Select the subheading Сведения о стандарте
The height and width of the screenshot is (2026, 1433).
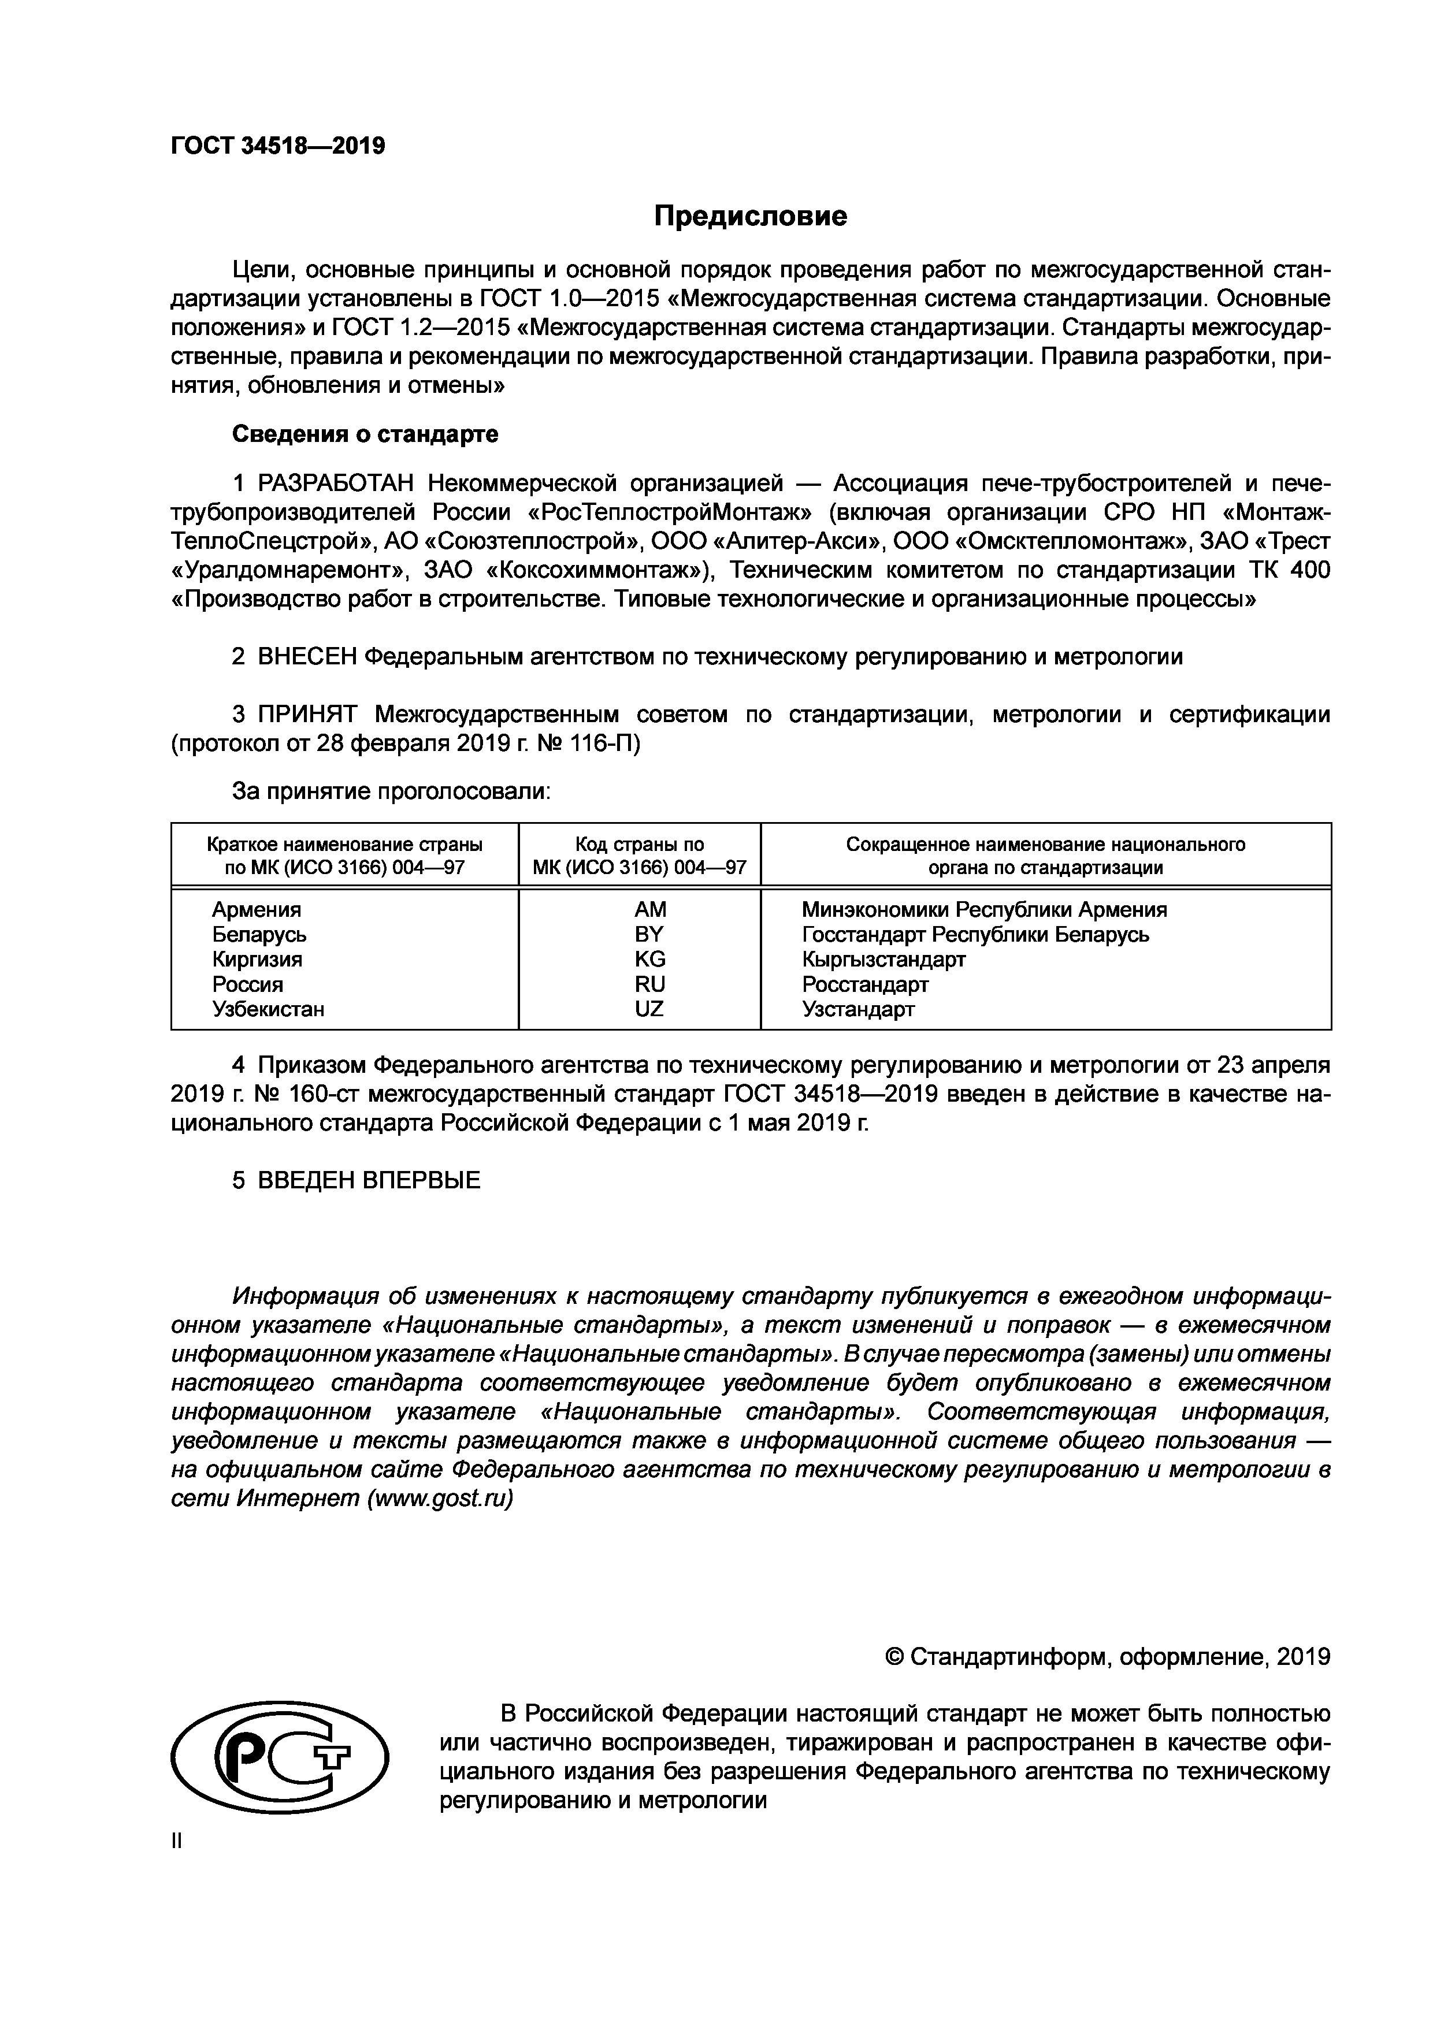(x=365, y=434)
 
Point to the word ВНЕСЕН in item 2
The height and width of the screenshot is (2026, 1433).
(x=308, y=656)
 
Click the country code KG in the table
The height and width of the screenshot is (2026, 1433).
(x=649, y=959)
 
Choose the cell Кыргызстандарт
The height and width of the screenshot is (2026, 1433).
(x=883, y=959)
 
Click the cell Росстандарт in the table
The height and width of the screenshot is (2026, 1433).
(x=865, y=984)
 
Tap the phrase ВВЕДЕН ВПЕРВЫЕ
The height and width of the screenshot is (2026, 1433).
(x=369, y=1181)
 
